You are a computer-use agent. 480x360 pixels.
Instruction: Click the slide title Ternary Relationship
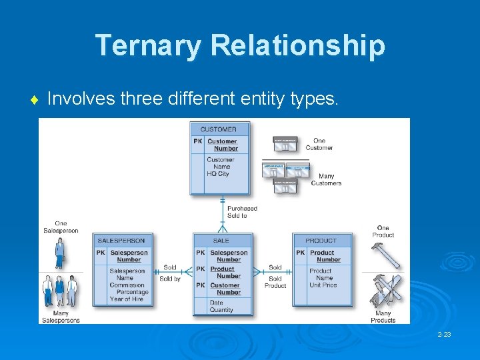click(240, 45)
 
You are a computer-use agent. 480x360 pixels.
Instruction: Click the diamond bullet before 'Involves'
click(33, 101)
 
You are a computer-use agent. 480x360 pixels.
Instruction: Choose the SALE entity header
click(221, 241)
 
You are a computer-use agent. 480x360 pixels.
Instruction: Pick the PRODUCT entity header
click(321, 241)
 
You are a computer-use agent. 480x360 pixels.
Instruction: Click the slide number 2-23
click(444, 334)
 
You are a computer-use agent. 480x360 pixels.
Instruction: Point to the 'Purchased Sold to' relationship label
click(241, 212)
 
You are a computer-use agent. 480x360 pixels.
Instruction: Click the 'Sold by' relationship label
click(170, 279)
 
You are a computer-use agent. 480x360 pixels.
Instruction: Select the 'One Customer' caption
click(319, 144)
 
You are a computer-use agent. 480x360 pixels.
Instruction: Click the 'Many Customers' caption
click(326, 179)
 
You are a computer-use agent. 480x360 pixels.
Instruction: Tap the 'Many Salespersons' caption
click(61, 317)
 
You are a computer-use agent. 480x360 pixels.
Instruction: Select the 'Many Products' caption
click(383, 317)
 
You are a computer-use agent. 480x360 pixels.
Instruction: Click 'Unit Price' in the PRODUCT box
click(323, 285)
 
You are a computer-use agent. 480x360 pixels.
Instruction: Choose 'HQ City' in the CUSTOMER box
click(218, 174)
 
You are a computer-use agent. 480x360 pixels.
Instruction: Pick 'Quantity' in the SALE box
click(221, 310)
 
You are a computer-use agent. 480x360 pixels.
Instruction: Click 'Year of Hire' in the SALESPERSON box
click(127, 299)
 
